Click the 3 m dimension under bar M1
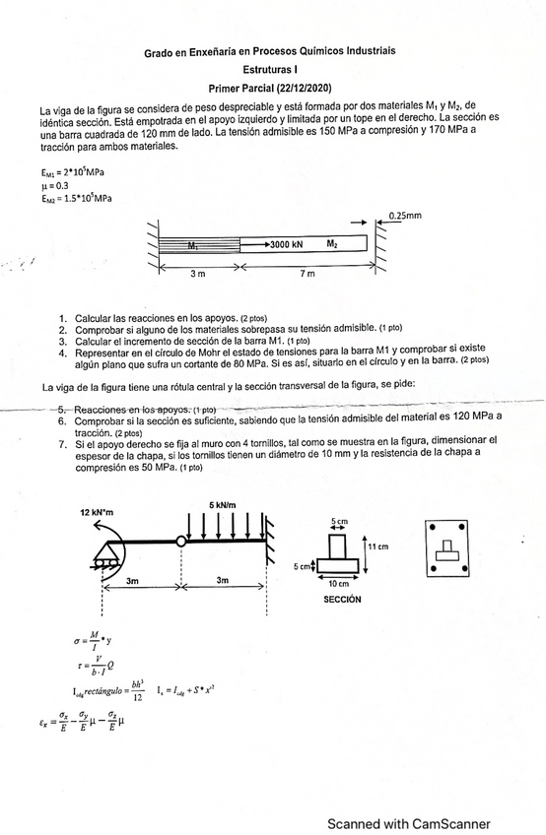pyautogui.click(x=197, y=274)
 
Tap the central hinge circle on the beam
pyautogui.click(x=181, y=541)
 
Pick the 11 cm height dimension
pyautogui.click(x=378, y=546)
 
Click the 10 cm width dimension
pyautogui.click(x=339, y=585)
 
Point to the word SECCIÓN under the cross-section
pyautogui.click(x=342, y=599)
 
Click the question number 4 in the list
pyautogui.click(x=63, y=352)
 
